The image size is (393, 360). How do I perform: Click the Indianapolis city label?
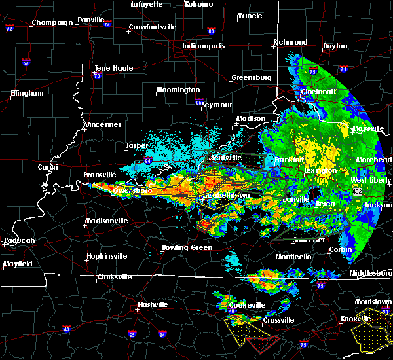pos(203,46)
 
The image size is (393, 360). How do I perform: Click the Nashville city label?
pos(153,304)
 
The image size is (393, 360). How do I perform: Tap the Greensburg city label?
pos(251,78)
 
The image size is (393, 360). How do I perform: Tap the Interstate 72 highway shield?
pos(9,30)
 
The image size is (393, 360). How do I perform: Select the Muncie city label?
pos(249,16)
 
